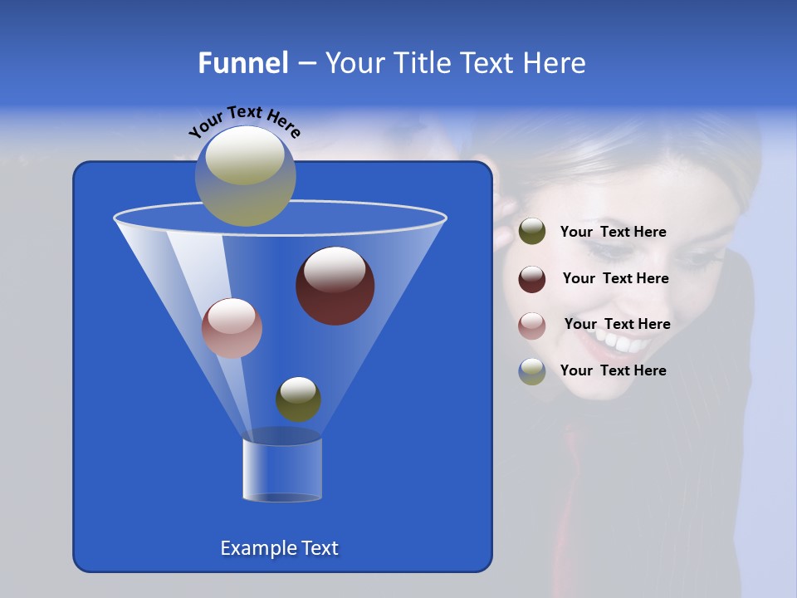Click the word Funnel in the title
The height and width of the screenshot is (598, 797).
point(242,63)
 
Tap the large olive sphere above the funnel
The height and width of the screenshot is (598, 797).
point(246,175)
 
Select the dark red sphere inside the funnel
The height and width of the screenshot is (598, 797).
point(335,286)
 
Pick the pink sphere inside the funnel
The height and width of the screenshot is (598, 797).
point(232,328)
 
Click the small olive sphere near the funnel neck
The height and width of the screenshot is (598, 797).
point(298,399)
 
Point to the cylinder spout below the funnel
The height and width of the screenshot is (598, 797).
point(282,468)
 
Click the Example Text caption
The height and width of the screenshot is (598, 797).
point(279,548)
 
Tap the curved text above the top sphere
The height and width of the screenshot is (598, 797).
point(244,121)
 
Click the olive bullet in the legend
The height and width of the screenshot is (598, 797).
point(532,232)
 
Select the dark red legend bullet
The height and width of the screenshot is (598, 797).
point(532,279)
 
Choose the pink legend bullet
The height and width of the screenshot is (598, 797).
point(532,325)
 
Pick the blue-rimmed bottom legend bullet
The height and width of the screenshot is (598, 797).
point(532,371)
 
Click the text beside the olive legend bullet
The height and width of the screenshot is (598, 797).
point(613,233)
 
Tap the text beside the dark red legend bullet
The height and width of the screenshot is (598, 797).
point(615,278)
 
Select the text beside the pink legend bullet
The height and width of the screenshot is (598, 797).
point(617,324)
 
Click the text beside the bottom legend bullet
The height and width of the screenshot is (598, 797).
point(613,370)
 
